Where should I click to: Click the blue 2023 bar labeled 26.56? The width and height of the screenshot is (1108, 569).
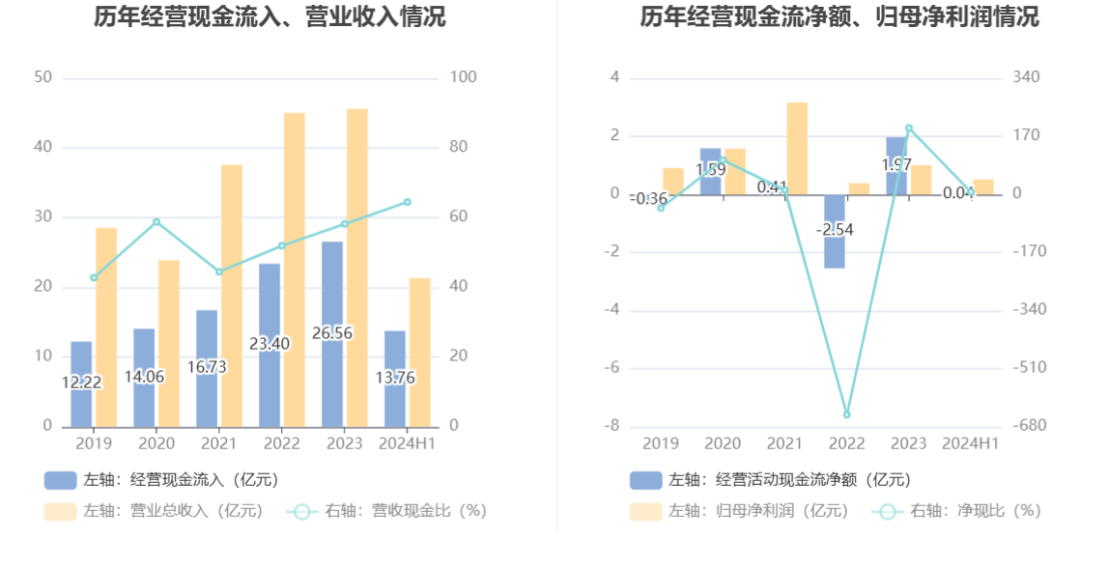coord(332,333)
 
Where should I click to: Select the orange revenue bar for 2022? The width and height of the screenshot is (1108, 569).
coord(294,270)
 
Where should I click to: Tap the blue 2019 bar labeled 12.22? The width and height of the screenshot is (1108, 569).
coord(81,384)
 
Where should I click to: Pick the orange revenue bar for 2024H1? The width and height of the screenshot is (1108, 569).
coord(419,352)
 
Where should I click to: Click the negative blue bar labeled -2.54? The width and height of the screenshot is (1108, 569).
coord(835,232)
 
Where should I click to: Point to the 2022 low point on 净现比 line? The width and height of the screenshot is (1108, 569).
coord(846,414)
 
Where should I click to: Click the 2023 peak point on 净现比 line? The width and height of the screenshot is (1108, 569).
coord(908,128)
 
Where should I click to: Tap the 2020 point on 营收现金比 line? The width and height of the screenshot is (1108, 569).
coord(156,222)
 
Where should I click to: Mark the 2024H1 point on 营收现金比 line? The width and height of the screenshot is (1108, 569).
coord(407,202)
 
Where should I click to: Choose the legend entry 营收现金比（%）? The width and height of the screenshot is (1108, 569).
coord(386,511)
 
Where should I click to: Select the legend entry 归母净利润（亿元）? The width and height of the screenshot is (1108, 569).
coord(739,511)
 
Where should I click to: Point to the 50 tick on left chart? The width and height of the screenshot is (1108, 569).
coord(43,77)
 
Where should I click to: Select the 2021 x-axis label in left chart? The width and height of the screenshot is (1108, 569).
coord(218,443)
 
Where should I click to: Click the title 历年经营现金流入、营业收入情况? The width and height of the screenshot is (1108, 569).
coord(270,16)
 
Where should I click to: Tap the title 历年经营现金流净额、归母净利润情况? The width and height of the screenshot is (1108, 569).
coord(839,16)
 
